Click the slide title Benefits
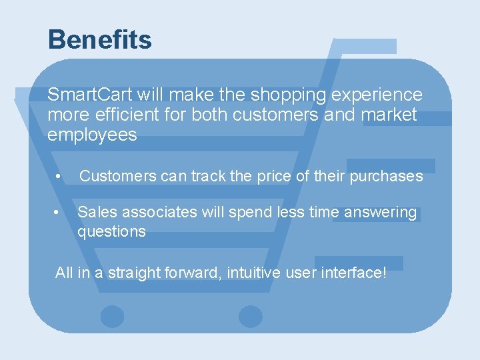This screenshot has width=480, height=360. (x=100, y=40)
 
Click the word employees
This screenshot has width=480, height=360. (x=92, y=135)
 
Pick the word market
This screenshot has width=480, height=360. (x=389, y=115)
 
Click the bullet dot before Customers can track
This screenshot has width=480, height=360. (x=59, y=177)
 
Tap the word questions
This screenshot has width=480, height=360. (x=111, y=231)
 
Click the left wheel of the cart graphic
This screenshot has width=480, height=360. (x=112, y=317)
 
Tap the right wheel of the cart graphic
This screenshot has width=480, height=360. (x=251, y=317)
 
